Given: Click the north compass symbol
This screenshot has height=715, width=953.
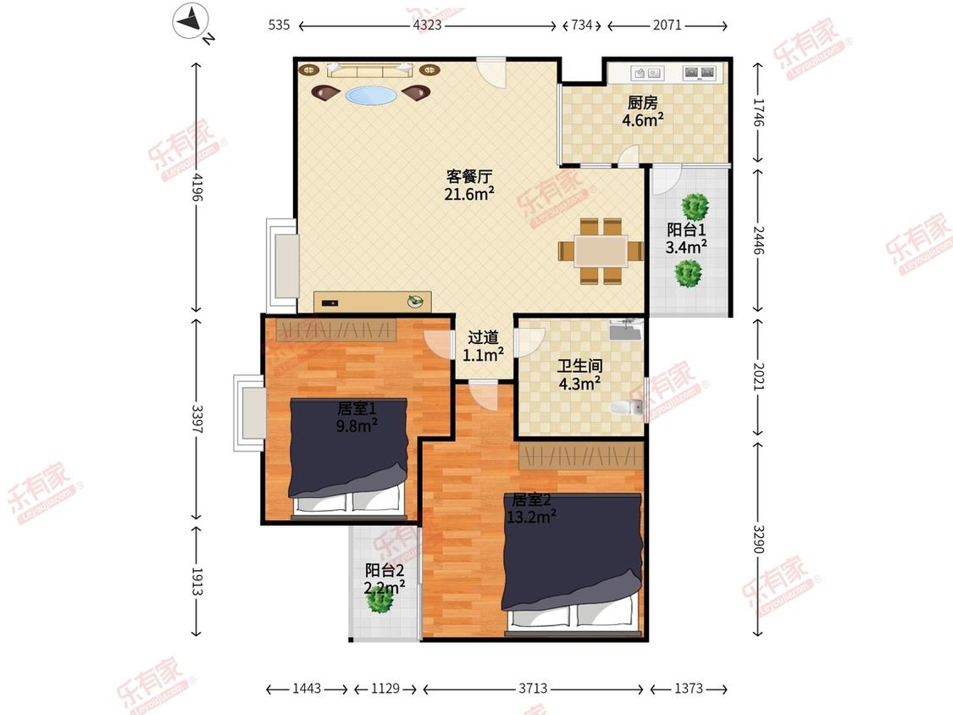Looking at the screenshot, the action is [192, 23].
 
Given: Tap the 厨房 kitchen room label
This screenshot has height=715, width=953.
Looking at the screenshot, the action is [642, 103].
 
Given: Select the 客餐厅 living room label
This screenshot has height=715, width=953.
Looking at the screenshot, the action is [468, 176].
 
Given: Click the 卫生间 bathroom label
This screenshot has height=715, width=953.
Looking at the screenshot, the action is [579, 366].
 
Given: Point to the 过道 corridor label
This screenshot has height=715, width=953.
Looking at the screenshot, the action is [483, 337].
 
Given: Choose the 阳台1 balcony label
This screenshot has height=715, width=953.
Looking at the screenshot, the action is [686, 230].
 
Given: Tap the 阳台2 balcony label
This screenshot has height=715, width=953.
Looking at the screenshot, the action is [384, 570].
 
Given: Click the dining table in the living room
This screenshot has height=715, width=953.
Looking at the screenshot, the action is [601, 252].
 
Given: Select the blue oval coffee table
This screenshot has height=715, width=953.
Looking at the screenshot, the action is [371, 96].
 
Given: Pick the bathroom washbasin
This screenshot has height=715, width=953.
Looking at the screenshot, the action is [625, 330].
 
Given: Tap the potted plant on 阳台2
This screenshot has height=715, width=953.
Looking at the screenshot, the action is [380, 600].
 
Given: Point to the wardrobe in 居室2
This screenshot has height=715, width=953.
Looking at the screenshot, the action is [581, 456].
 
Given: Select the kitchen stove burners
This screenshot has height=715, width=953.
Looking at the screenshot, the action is [700, 73].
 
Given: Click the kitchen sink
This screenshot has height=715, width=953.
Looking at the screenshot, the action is [647, 73].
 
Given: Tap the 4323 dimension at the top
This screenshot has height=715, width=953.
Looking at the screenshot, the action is [427, 25].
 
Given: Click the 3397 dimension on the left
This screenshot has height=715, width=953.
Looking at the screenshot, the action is [197, 419].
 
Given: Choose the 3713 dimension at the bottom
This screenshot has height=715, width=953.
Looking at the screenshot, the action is [533, 689].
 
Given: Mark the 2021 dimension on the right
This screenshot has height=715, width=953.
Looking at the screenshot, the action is [758, 376].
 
